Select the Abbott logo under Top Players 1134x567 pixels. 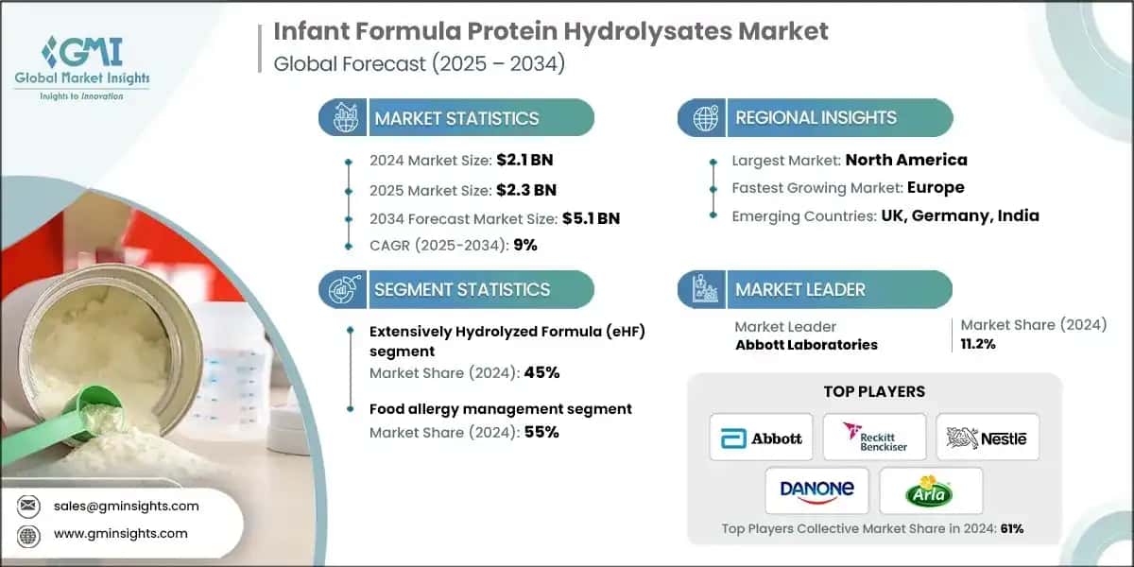coord(761,438)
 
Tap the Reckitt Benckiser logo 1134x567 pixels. coord(874,438)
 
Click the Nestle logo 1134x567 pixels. coord(987,438)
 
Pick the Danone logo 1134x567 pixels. coord(817,490)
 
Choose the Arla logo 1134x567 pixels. coord(930,490)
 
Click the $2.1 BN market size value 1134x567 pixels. coord(522,161)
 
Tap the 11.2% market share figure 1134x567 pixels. coord(978,344)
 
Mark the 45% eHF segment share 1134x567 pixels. coord(543,372)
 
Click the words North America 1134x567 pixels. coord(905,160)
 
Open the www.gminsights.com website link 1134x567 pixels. coord(122,534)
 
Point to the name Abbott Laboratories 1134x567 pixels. coord(806,344)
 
